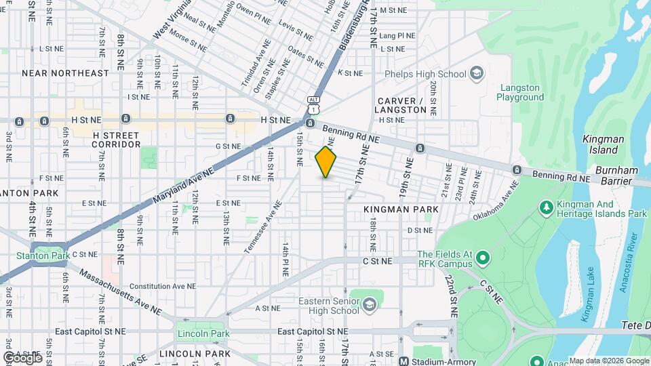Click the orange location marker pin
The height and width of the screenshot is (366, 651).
point(326,162)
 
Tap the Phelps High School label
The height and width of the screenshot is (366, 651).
point(425,74)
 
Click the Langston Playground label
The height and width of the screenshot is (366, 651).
point(520,92)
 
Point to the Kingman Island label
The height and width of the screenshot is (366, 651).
point(603,144)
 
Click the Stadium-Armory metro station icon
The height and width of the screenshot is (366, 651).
point(404,361)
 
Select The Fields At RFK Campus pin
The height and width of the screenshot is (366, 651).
point(482,258)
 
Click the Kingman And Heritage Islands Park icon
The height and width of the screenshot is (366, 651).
point(546,206)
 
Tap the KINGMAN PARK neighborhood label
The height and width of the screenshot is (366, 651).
point(401,209)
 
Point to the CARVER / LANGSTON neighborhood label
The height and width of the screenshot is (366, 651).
point(400,105)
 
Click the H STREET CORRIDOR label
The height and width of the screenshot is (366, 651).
point(116,139)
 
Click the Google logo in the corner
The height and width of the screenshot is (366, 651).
point(22,357)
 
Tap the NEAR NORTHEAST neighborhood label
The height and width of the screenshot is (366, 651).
point(65,73)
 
